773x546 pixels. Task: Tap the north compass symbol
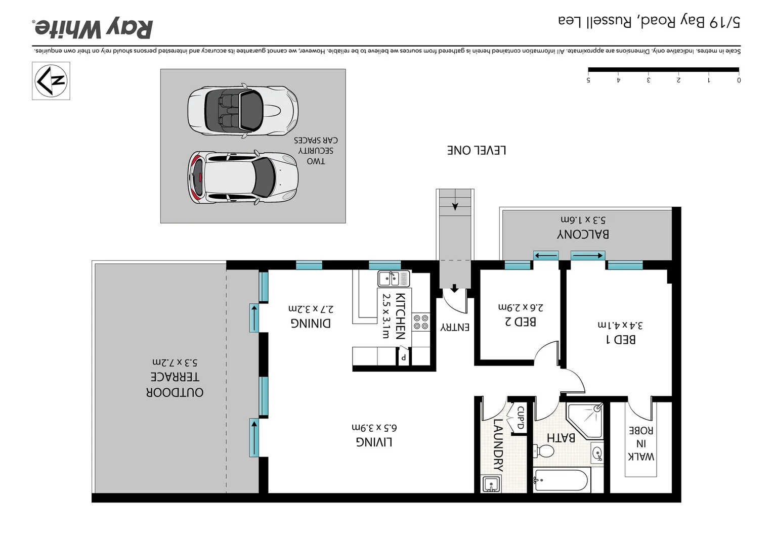click(51, 81)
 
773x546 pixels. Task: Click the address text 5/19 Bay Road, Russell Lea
click(649, 21)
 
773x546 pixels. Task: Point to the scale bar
click(663, 70)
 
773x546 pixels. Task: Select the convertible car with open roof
click(243, 111)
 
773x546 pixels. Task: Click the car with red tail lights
click(243, 177)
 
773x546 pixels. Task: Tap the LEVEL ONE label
click(477, 150)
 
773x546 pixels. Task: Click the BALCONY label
click(583, 234)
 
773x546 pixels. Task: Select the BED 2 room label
click(521, 322)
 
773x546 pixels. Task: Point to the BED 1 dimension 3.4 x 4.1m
click(620, 325)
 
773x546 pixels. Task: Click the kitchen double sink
click(394, 279)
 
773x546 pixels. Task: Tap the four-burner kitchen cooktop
click(421, 322)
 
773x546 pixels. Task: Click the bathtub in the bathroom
click(562, 480)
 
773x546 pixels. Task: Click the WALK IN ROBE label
click(641, 443)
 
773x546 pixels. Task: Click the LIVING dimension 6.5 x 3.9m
click(374, 427)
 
